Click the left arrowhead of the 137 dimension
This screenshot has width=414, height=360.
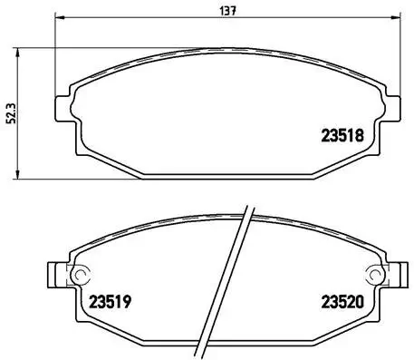coord(58,19)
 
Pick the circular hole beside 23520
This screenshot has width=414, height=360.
coord(371,276)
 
